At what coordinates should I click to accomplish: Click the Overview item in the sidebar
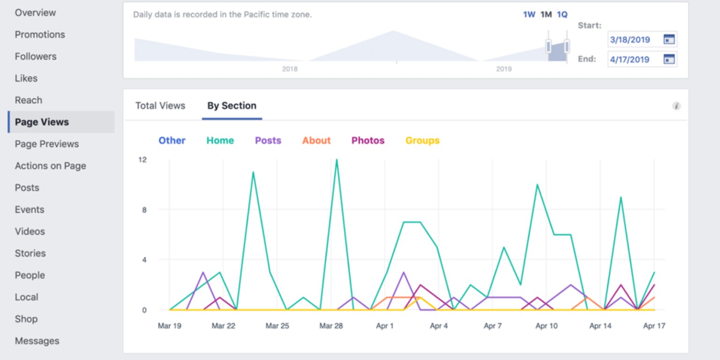35,13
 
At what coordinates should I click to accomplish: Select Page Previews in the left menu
46,144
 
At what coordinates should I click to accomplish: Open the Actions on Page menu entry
50,166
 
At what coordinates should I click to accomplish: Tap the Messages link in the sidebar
37,341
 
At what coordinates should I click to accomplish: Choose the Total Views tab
160,106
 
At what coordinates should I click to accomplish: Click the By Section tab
232,106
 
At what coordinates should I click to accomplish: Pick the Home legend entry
220,141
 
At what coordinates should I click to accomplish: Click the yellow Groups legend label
422,141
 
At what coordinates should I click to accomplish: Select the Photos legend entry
368,141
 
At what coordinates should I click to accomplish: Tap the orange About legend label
316,141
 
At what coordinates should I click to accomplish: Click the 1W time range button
529,15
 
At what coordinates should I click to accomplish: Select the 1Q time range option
562,15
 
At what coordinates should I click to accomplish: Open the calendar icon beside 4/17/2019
669,59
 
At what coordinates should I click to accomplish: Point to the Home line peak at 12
337,160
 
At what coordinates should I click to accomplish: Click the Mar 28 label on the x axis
331,326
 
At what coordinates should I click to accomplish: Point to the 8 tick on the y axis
144,210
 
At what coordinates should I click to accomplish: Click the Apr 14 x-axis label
600,326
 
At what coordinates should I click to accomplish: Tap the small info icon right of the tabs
676,106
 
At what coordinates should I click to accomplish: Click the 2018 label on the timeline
290,69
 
